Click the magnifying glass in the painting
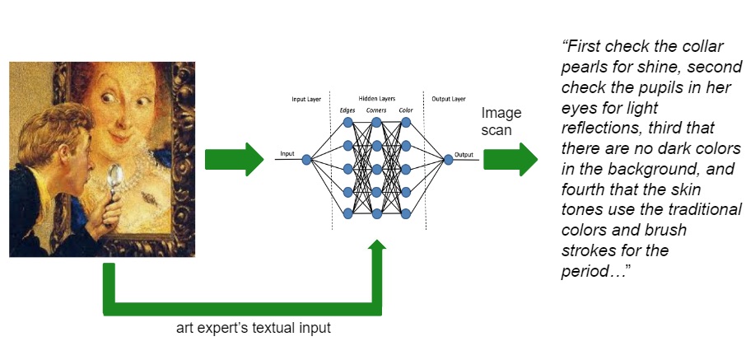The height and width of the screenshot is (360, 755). point(113,175)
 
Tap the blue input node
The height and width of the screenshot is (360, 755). point(305,160)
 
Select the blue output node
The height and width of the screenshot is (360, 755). point(449,160)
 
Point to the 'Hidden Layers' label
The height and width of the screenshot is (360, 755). point(377,98)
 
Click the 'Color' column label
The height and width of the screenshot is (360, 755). point(405,110)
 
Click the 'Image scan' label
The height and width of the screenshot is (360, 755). point(501,121)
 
